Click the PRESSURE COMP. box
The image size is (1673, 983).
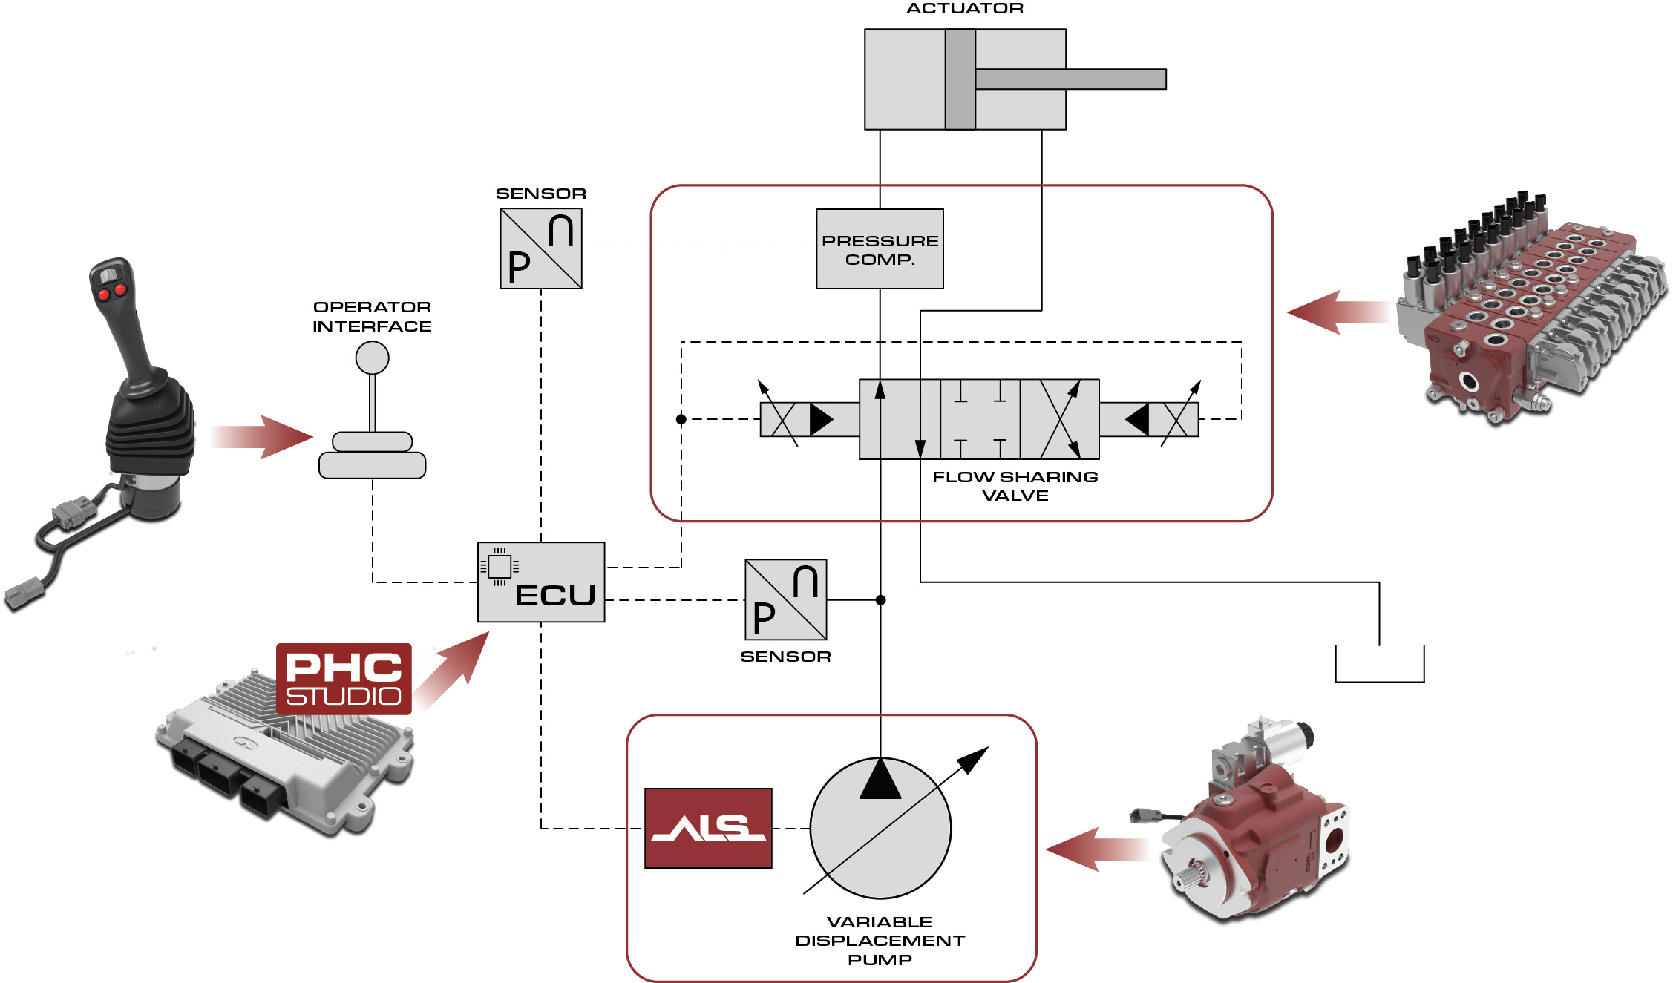pos(880,249)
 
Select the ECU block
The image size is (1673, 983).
pos(541,582)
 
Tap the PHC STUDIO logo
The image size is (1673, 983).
pos(344,679)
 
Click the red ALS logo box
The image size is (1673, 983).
pos(708,828)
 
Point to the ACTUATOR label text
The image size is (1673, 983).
pos(965,9)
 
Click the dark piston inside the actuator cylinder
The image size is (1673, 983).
pos(960,79)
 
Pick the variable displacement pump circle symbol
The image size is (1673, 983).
pos(880,828)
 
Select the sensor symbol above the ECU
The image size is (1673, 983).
pos(541,249)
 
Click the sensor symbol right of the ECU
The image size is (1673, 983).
pos(785,599)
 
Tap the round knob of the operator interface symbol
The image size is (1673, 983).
pos(372,358)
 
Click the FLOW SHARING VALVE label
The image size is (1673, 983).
pos(1015,486)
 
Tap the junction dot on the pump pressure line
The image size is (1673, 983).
pos(880,600)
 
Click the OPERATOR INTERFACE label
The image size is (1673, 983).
pos(372,317)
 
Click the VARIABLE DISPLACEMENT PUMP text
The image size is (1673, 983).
pos(880,941)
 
